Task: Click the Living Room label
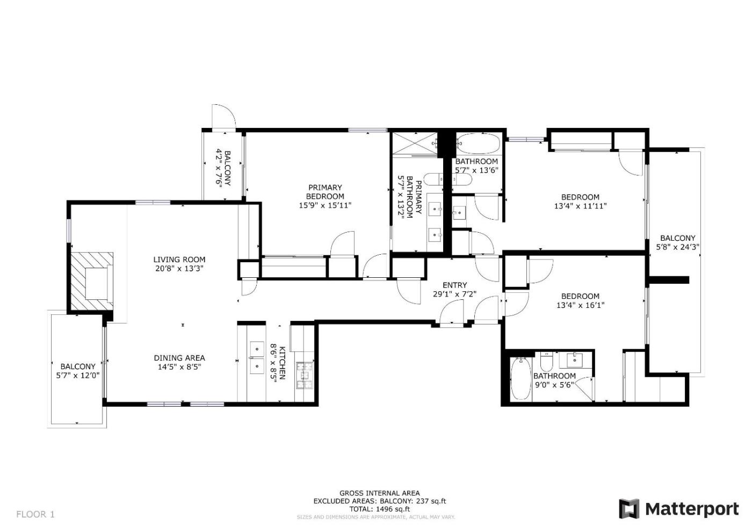[x=179, y=260]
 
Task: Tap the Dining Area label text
[x=179, y=358]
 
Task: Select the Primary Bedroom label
[x=325, y=192]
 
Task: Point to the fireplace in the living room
[x=92, y=282]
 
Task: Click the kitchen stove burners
[x=305, y=376]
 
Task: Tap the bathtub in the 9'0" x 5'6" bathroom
[x=520, y=378]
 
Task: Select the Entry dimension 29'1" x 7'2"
[x=454, y=294]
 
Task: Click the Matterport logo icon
[x=629, y=509]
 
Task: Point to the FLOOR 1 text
[x=35, y=514]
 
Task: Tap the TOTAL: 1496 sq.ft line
[x=380, y=509]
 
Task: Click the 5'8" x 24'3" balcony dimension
[x=678, y=247]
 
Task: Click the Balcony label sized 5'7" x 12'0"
[x=78, y=366]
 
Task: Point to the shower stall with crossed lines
[x=415, y=144]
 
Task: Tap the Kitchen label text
[x=283, y=363]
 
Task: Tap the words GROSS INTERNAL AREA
[x=380, y=493]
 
